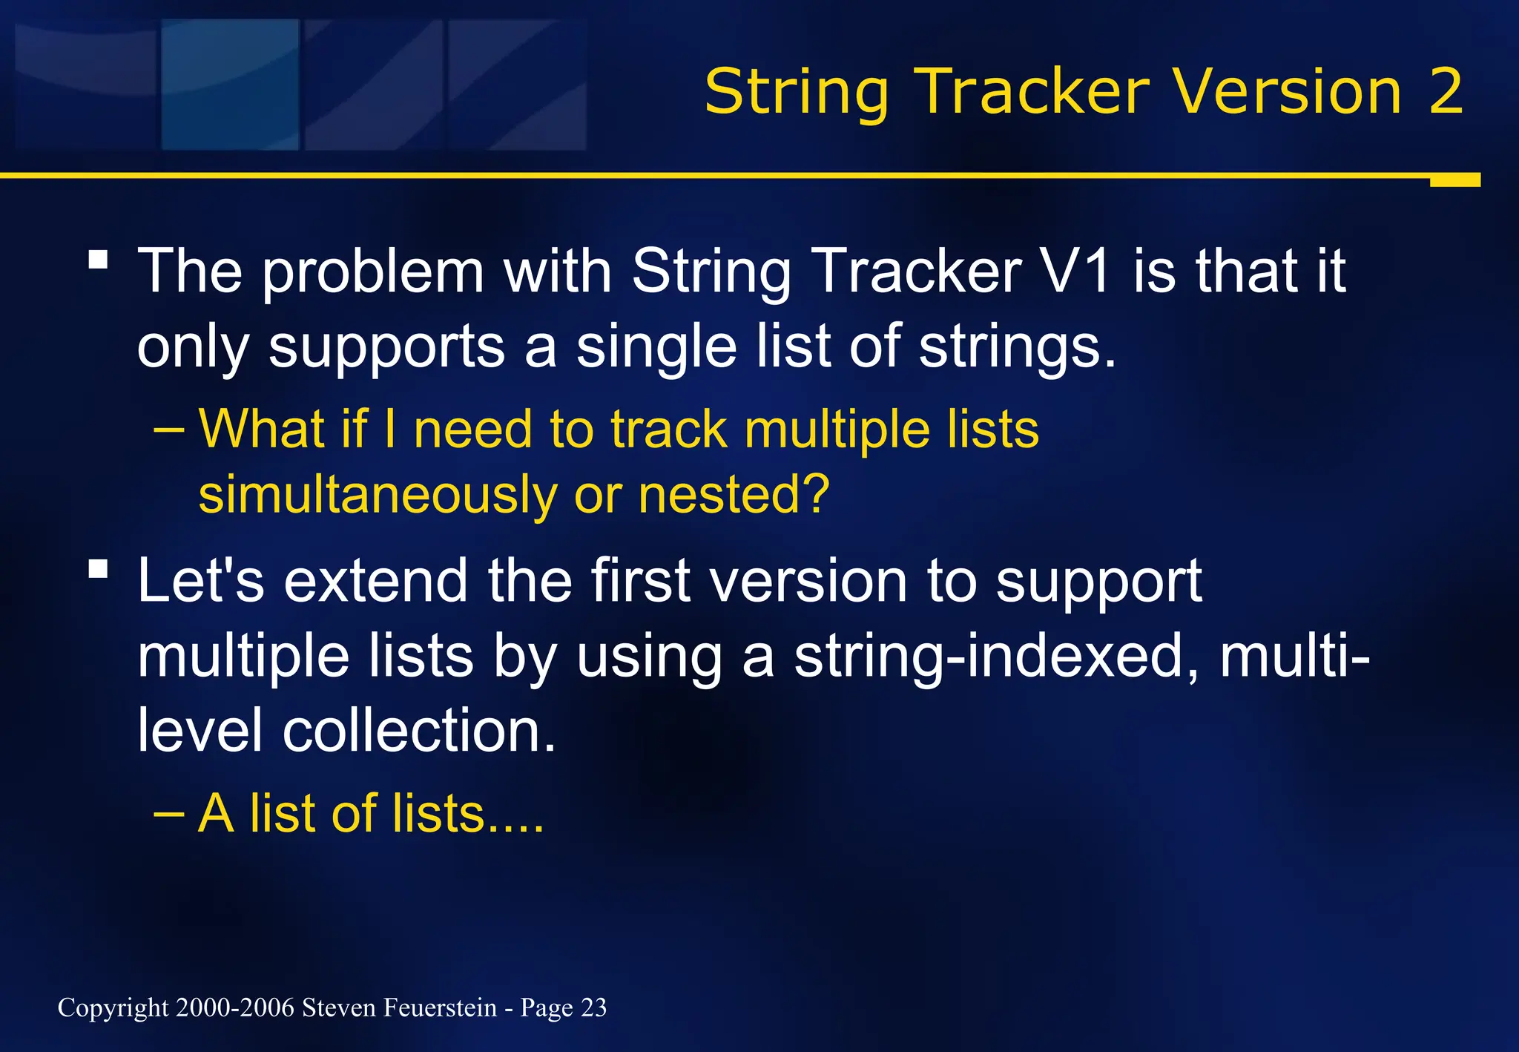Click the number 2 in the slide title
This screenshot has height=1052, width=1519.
pos(1445,91)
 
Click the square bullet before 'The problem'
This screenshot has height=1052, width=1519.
pos(98,260)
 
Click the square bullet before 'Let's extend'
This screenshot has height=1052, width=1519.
pos(98,569)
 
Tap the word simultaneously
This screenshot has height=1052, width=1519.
pos(378,496)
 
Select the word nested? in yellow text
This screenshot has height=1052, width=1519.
pos(734,494)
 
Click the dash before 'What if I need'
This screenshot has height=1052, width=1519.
pos(168,430)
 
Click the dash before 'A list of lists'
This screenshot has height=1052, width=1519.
pos(168,814)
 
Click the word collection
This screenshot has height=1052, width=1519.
pos(418,731)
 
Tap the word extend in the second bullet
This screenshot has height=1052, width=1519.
pos(376,581)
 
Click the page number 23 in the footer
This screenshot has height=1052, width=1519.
pos(593,1007)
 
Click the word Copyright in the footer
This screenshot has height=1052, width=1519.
pos(113,1008)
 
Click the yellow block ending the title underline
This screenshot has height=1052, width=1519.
pos(1454,180)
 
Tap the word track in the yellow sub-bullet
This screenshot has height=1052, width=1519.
pos(668,430)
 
